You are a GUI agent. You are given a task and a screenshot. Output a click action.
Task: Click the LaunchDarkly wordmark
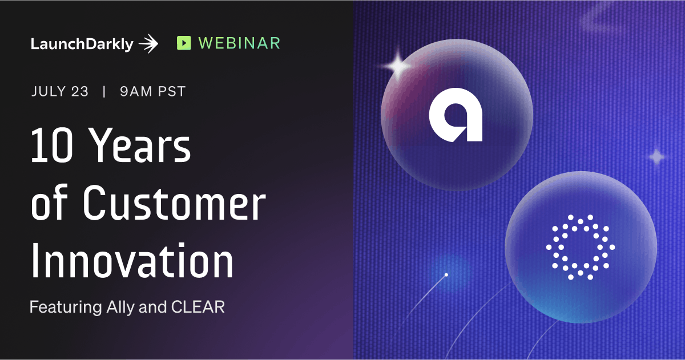point(82,45)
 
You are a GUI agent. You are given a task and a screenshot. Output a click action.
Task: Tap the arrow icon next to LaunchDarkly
point(148,44)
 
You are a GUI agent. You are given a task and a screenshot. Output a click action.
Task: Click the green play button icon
point(184,43)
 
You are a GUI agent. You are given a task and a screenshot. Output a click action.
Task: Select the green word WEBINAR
point(239,43)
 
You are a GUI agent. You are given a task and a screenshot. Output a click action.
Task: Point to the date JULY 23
point(59,91)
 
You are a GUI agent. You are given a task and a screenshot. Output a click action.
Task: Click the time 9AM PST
point(153,91)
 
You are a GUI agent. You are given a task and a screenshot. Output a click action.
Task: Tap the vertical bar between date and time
point(104,91)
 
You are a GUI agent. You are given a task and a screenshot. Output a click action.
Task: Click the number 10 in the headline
point(52,145)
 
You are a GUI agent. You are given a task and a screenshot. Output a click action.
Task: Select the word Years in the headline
point(141,145)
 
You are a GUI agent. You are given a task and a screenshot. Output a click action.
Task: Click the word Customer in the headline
point(174,203)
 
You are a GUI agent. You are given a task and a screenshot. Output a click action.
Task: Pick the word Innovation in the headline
point(132,261)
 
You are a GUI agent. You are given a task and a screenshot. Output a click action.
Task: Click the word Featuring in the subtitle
point(66,307)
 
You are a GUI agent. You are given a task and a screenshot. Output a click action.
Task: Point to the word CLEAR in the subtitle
point(198,307)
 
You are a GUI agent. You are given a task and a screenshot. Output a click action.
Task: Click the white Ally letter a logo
point(456,115)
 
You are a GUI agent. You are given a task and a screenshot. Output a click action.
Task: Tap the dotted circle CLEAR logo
point(581,247)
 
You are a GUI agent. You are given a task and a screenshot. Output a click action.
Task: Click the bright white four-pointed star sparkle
point(397,66)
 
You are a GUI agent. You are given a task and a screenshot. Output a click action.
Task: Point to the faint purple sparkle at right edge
point(656,157)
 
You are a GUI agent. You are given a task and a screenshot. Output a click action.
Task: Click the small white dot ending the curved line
point(446,275)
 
